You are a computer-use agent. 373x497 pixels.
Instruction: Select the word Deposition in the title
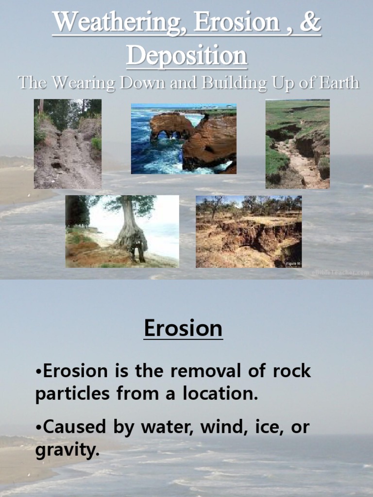coord(186,56)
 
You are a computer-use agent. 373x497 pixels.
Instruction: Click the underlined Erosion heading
coord(183,329)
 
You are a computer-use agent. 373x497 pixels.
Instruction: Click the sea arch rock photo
coord(184,139)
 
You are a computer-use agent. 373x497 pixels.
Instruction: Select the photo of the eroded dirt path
coord(68,144)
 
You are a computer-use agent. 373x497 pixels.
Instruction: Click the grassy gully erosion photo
coord(297,144)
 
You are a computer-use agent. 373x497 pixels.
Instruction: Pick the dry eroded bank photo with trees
coord(248,232)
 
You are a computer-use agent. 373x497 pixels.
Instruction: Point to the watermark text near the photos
coord(340,273)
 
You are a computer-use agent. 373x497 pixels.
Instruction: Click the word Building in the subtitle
coord(235,83)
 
